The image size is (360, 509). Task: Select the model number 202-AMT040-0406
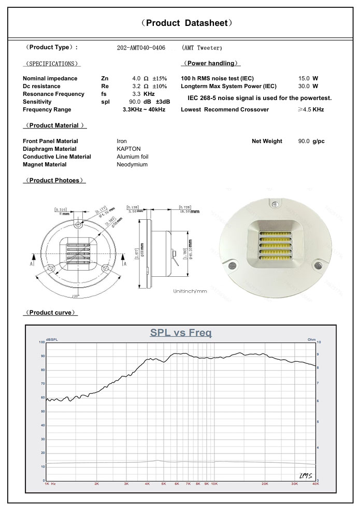(x=141, y=48)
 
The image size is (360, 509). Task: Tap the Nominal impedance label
(x=50, y=78)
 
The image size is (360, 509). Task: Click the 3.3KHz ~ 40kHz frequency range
(x=144, y=110)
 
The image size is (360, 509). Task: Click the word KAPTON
(x=128, y=149)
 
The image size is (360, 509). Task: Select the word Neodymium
(x=132, y=164)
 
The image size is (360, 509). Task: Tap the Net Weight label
(x=267, y=141)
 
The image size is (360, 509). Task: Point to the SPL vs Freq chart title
(x=181, y=333)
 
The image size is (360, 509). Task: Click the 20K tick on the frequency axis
(x=265, y=484)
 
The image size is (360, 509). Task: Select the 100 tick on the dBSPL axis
(x=41, y=343)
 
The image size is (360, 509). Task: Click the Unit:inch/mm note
(x=190, y=291)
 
